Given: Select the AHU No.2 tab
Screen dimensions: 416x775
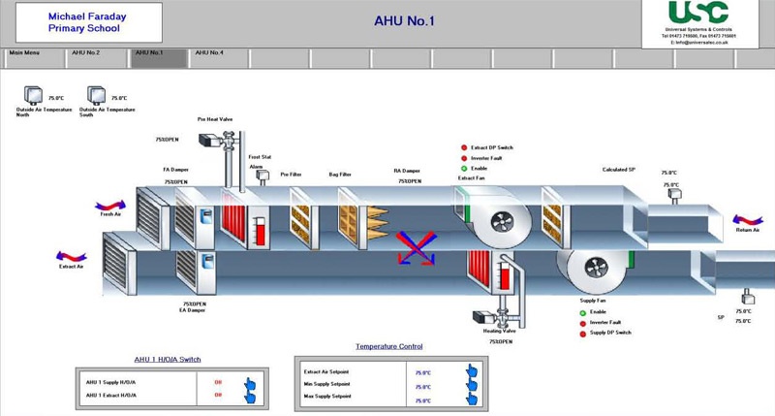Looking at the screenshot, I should [x=85, y=52].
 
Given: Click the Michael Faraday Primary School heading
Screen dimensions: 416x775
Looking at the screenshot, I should [x=87, y=22].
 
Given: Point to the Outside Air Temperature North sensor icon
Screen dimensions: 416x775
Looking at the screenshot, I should [x=35, y=94].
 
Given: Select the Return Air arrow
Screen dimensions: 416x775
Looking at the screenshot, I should [x=747, y=222].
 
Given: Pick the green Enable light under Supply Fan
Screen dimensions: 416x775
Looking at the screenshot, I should [x=583, y=312].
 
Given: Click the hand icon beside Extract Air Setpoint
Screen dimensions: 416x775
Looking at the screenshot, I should [x=472, y=370].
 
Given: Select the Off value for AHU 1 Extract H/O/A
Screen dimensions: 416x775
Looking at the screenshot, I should [x=218, y=395].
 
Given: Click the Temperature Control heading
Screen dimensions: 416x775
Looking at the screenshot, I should [x=389, y=346].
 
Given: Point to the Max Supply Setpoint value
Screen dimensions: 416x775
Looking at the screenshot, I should [x=422, y=400].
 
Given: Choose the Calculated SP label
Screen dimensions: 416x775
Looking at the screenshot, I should [x=618, y=170].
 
